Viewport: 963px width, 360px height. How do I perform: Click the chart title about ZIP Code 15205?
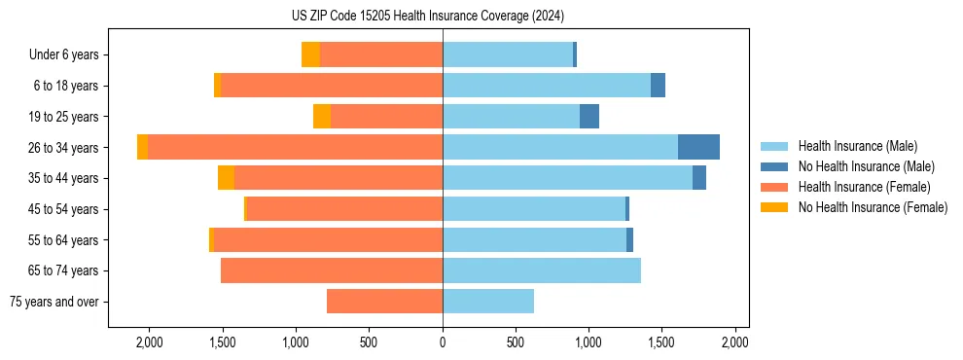443,17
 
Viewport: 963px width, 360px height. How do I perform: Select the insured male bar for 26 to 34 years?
559,147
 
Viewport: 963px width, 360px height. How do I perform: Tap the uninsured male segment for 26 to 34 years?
698,147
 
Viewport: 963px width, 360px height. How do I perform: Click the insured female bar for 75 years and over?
384,302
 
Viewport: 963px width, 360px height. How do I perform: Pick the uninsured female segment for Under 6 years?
310,54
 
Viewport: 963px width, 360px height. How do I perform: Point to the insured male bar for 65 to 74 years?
541,270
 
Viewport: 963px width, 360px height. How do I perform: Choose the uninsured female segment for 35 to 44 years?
226,178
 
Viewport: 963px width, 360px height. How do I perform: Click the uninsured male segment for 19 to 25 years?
589,117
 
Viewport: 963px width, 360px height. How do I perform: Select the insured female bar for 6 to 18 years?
331,86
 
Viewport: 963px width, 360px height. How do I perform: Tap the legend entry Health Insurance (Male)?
857,146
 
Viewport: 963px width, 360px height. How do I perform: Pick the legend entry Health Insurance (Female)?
864,187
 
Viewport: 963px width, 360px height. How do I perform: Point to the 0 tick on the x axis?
443,342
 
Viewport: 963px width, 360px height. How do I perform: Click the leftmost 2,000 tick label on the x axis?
149,342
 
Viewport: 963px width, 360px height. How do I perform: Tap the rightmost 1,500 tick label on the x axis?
661,342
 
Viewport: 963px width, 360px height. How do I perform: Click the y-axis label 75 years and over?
54,302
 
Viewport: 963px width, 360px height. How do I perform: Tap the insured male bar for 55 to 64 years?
534,239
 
